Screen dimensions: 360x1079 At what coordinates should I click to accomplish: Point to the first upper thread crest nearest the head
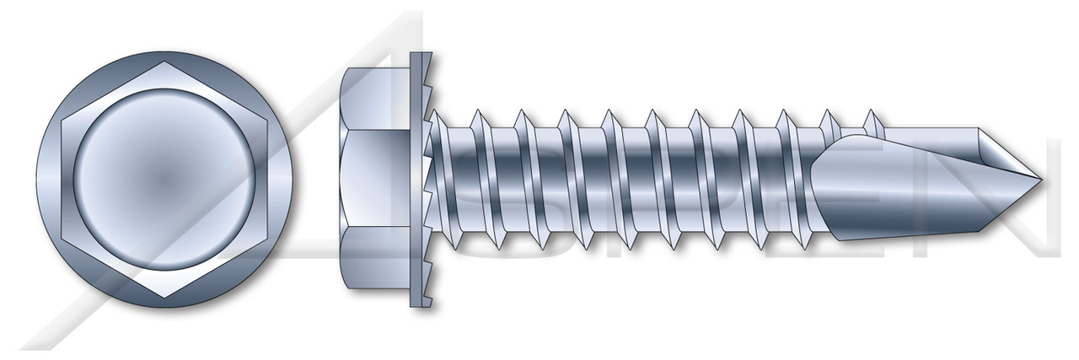pyautogui.click(x=477, y=113)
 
